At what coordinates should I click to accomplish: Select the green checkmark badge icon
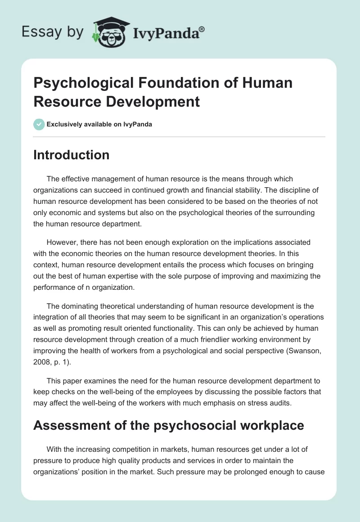pyautogui.click(x=39, y=125)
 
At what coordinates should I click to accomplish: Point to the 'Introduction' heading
pyautogui.click(x=71, y=155)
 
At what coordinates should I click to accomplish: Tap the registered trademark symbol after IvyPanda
pyautogui.click(x=202, y=29)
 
